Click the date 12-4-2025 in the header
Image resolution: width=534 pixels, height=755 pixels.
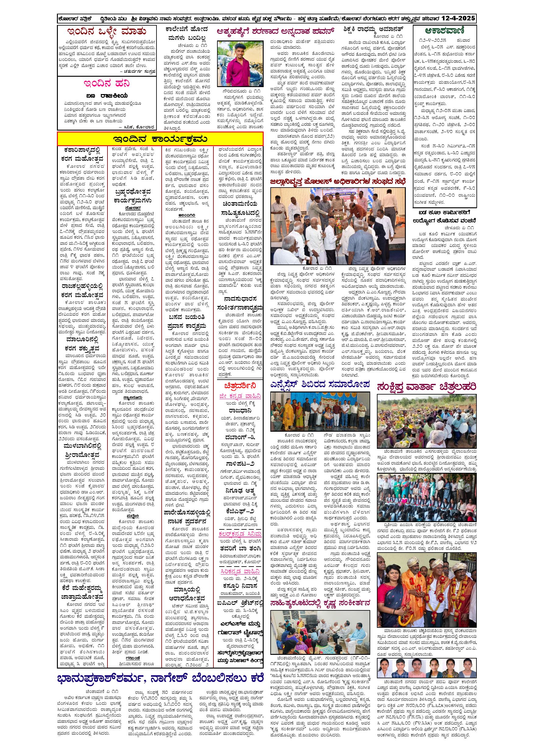click(x=458, y=18)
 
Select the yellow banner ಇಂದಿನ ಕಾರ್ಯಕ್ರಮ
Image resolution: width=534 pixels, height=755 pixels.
click(x=160, y=139)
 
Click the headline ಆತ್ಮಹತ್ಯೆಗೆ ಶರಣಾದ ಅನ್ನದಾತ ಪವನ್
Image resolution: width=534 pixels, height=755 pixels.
click(x=276, y=32)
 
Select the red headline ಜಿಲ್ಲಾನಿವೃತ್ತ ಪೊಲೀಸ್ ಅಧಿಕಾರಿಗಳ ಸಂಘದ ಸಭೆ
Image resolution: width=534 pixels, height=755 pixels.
click(x=338, y=181)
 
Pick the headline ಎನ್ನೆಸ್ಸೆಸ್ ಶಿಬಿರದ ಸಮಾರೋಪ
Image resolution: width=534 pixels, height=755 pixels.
click(x=320, y=384)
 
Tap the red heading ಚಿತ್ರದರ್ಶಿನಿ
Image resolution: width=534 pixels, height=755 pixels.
click(x=240, y=385)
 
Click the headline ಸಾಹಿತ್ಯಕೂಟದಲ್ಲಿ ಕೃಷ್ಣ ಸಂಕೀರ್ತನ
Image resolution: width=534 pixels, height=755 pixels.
click(x=320, y=603)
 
